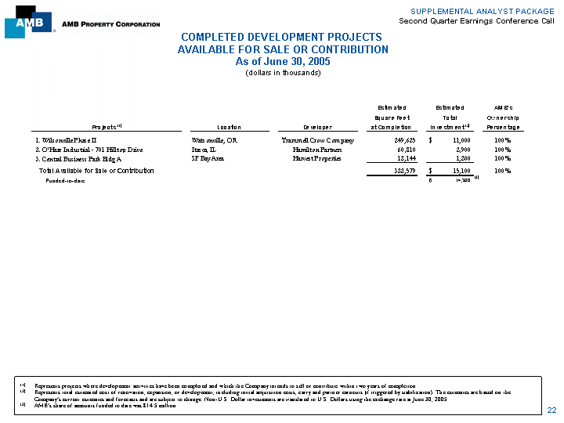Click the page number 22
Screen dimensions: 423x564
point(551,410)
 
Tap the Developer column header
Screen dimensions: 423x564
point(317,128)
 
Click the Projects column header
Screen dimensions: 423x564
point(104,128)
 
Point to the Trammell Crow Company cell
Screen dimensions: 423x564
point(317,140)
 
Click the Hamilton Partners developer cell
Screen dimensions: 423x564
point(317,149)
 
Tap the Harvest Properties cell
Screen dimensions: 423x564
point(317,158)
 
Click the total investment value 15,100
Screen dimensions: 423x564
point(457,170)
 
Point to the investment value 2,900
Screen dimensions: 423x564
point(460,149)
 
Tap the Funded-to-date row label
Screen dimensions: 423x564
point(66,180)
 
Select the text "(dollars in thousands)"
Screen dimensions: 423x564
point(283,73)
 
